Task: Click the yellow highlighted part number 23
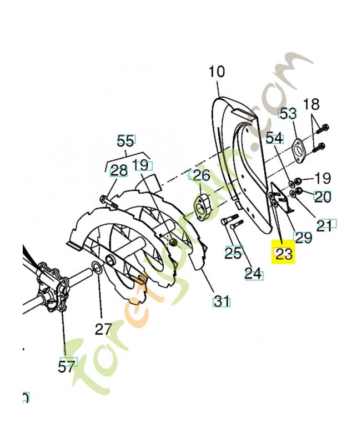click(283, 254)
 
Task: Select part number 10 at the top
click(217, 72)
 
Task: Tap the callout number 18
click(312, 104)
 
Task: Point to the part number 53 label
click(288, 114)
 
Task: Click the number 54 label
click(274, 138)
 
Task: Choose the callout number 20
click(322, 196)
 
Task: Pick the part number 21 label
click(324, 224)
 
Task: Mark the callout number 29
click(303, 238)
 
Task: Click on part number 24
click(253, 273)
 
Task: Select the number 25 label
click(233, 253)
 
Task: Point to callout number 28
click(118, 170)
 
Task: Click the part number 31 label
click(222, 301)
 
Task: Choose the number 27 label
click(103, 329)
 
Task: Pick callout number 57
click(67, 366)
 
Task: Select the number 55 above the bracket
click(125, 140)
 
